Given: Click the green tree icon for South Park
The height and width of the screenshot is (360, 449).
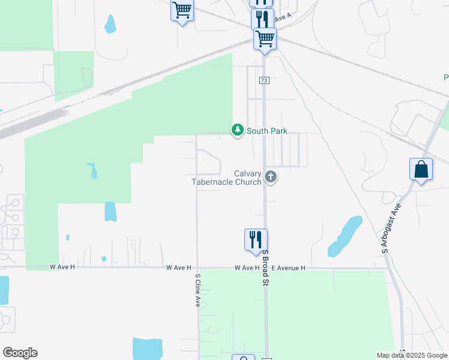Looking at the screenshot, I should tap(238, 130).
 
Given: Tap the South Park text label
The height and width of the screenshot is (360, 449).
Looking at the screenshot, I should tap(267, 131).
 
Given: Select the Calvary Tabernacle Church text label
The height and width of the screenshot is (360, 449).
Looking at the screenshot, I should tap(226, 178).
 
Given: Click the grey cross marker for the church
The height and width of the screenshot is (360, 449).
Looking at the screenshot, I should tap(271, 176).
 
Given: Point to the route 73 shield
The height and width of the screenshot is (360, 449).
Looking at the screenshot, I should tap(264, 80).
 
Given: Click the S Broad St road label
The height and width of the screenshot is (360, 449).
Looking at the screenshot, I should tap(265, 268).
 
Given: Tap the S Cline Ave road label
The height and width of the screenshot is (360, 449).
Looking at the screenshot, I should tap(197, 290).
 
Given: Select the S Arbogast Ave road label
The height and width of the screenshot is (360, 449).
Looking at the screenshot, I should tap(390, 227).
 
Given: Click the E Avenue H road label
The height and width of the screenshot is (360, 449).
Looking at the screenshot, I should tap(288, 268).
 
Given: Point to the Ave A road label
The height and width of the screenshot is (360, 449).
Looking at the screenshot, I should tap(283, 18).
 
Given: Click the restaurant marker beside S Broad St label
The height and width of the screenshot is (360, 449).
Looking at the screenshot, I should tap(256, 239).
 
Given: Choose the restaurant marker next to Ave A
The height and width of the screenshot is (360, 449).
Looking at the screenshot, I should tap(262, 19).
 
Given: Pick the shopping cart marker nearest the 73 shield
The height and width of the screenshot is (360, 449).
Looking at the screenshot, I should tap(265, 38).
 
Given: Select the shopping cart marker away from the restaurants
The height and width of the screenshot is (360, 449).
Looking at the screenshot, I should tap(182, 10).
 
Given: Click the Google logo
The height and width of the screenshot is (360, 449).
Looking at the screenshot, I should tap(20, 353).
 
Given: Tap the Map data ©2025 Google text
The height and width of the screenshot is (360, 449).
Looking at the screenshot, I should tap(412, 355).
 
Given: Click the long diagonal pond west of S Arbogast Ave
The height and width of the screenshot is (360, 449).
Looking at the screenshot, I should tap(345, 236).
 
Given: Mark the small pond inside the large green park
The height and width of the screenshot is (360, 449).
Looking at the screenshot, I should tap(93, 170).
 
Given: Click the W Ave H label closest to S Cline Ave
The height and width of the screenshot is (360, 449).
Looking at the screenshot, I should tap(179, 268).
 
